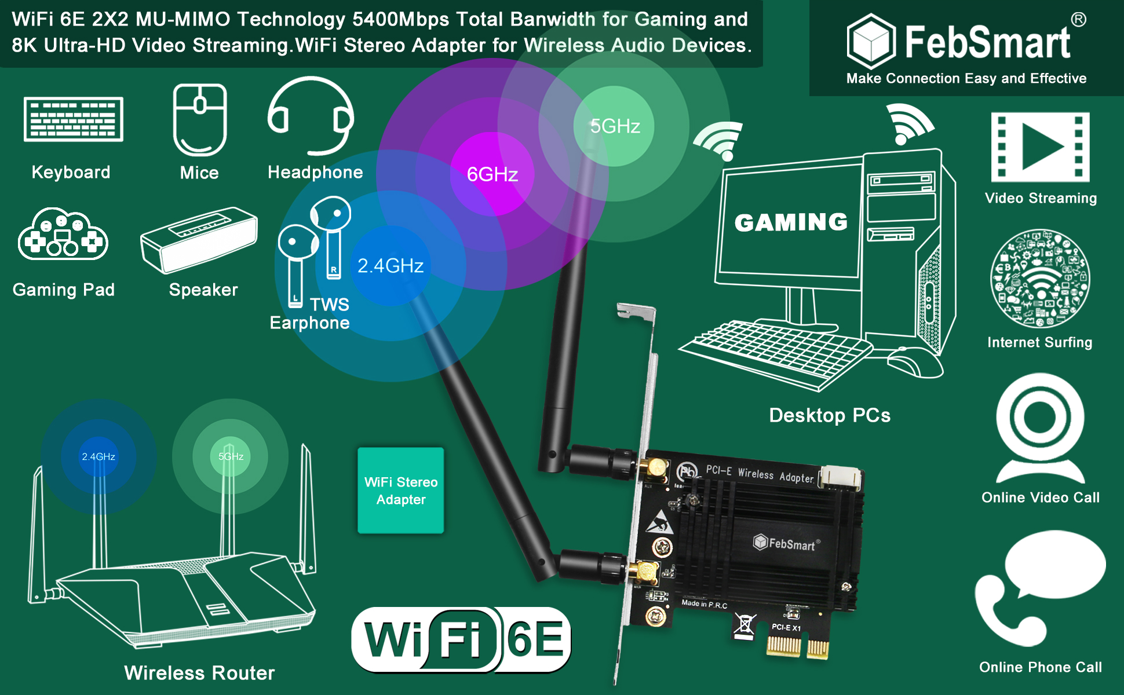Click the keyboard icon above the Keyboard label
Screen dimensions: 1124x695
[x=74, y=119]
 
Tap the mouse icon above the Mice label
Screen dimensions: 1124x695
[x=200, y=120]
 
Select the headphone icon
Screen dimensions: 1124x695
[x=311, y=116]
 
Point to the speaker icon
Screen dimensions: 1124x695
[x=199, y=240]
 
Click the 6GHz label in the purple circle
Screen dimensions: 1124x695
[x=492, y=174]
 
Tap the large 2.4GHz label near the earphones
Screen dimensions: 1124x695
[x=391, y=266]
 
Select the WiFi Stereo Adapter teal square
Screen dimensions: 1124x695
[x=401, y=491]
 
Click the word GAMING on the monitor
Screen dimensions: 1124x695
[x=791, y=222]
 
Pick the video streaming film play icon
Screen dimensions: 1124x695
[x=1041, y=148]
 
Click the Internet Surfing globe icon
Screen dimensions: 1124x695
[x=1040, y=279]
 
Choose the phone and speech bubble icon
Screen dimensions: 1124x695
[x=1040, y=588]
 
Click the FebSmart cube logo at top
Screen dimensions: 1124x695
[x=871, y=41]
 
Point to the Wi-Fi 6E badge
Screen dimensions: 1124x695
[x=461, y=640]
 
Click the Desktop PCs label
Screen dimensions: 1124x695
[x=830, y=415]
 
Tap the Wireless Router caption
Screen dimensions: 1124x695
[x=199, y=673]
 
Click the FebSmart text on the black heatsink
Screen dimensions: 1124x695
[x=791, y=543]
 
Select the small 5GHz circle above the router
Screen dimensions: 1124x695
[x=231, y=456]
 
